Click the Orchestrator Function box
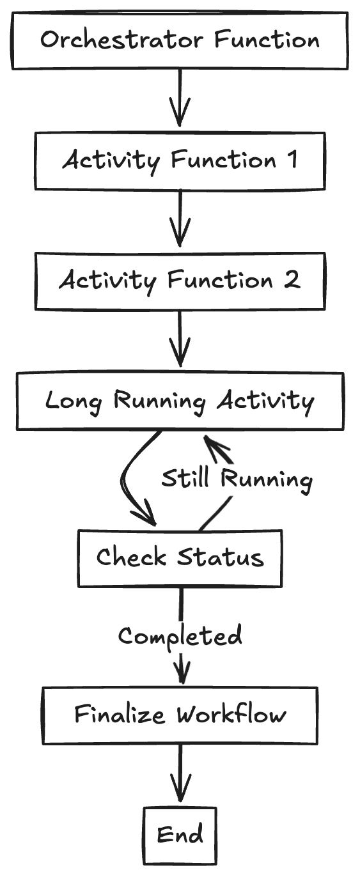click(x=180, y=40)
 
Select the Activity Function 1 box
click(x=180, y=160)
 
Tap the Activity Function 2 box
click(x=180, y=281)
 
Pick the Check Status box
click(x=180, y=558)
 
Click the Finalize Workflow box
click(x=180, y=715)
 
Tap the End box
click(x=180, y=835)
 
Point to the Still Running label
click(x=237, y=479)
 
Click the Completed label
click(x=180, y=636)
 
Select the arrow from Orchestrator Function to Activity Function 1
click(x=180, y=99)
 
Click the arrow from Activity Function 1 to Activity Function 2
click(x=180, y=220)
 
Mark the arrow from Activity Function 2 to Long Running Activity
click(x=180, y=341)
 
